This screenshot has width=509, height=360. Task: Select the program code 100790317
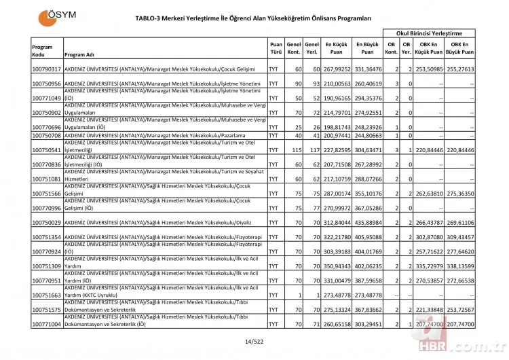coord(47,69)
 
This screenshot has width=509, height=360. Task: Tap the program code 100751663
coord(47,295)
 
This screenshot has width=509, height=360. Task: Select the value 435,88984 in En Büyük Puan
coord(367,222)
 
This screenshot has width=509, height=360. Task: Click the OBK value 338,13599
coord(460,266)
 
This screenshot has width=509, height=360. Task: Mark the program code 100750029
coord(47,222)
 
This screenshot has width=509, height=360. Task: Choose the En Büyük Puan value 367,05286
coord(367,208)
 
